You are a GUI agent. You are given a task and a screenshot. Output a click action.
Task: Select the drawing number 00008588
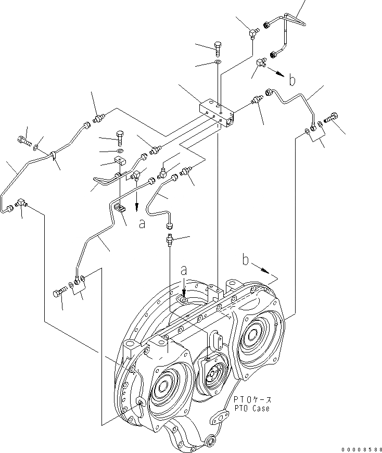point(360,448)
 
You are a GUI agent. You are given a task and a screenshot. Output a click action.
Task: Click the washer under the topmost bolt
point(218,64)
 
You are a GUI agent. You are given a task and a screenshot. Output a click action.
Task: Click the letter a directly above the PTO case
point(183,271)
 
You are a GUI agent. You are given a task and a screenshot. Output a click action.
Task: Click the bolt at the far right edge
point(330,120)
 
